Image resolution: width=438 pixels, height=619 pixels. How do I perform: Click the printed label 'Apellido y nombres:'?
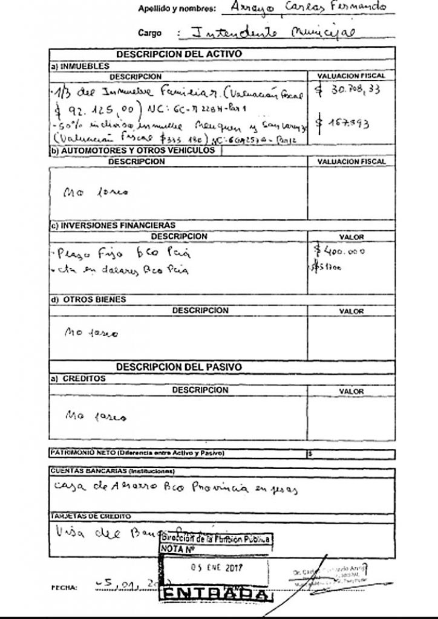coord(177,9)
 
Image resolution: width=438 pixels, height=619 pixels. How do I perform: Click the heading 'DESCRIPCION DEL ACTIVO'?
coord(179,54)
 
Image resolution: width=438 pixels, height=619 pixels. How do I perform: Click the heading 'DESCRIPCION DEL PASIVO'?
coord(179,367)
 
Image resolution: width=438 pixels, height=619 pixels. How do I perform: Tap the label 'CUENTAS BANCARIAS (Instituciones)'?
coord(111,471)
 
